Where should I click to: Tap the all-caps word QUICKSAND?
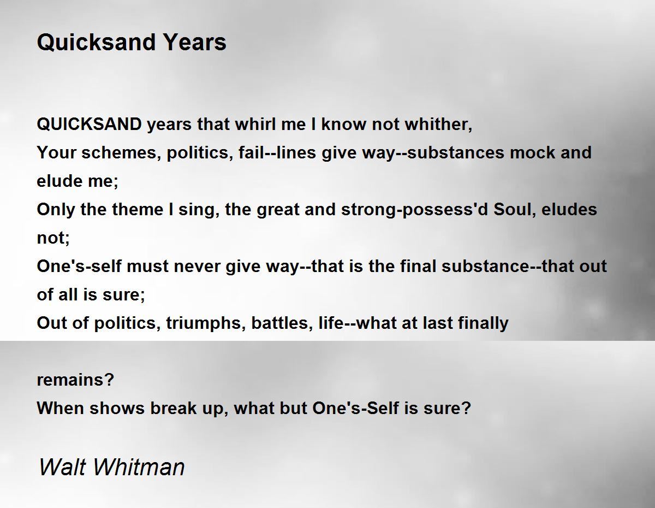coord(89,124)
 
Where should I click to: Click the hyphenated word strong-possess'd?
coord(414,210)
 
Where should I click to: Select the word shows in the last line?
coord(117,408)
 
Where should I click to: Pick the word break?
coord(174,408)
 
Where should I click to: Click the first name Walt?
coord(62,467)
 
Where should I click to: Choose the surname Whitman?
coord(139,467)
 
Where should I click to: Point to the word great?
coord(278,210)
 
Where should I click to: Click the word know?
coord(344,124)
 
